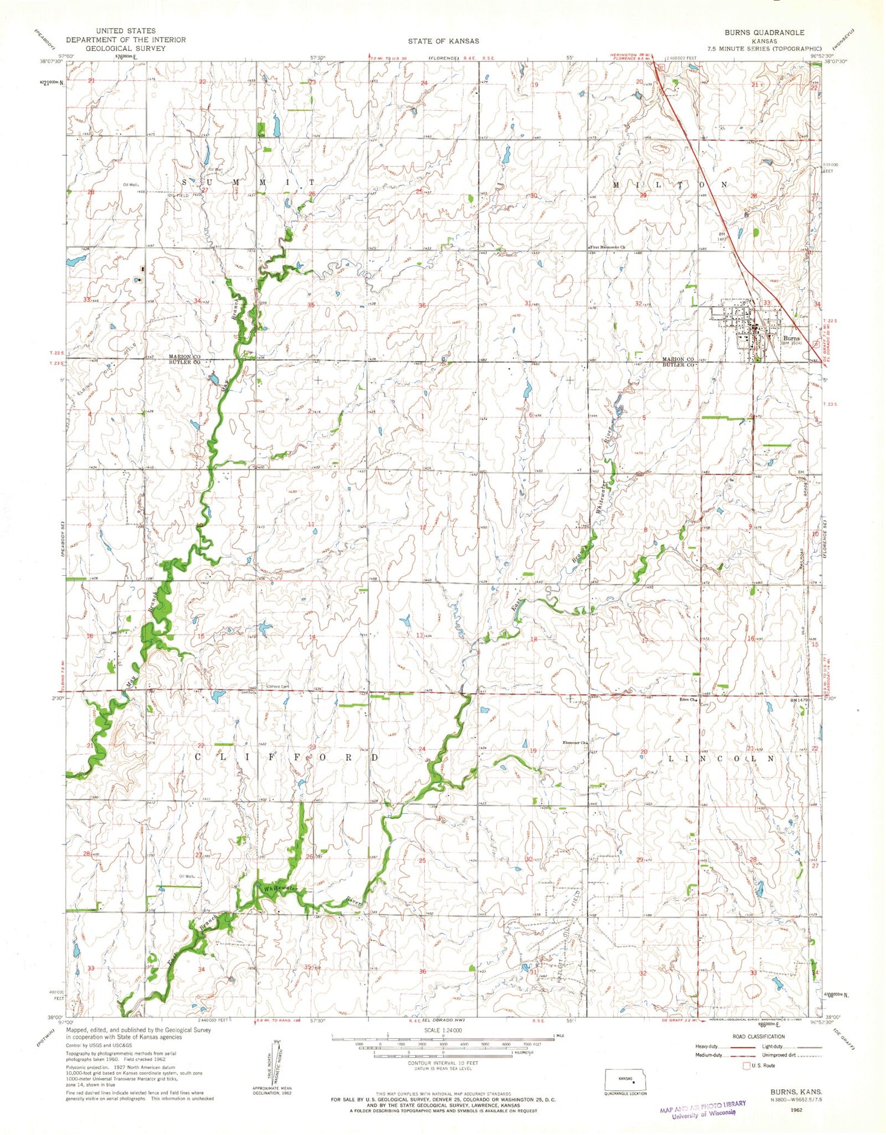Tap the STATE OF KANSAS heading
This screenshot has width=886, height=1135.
point(443,41)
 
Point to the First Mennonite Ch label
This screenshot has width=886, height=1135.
point(607,247)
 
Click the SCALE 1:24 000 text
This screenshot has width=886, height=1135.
point(442,1029)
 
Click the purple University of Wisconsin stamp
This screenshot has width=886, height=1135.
point(702,1109)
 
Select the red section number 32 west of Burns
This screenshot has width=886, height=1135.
point(638,304)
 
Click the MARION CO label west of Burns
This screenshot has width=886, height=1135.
point(677,359)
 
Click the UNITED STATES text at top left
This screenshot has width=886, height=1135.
point(125,31)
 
